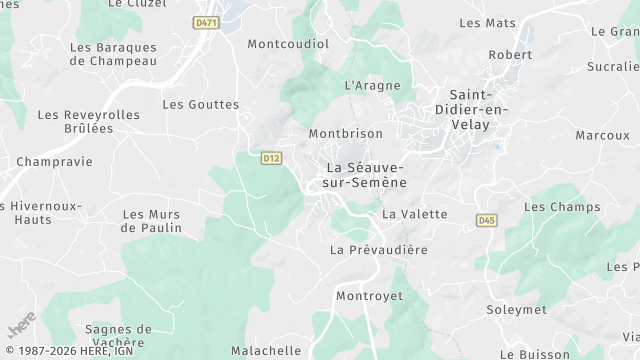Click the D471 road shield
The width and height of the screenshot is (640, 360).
coord(206,22)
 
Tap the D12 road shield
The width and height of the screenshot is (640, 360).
coord(270,157)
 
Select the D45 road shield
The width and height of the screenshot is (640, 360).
coord(487,220)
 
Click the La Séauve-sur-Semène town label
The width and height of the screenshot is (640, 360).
coord(365,175)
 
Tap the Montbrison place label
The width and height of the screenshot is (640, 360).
coord(346,133)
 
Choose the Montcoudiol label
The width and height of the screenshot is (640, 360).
coord(288,44)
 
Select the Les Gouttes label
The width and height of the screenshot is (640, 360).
coord(201,104)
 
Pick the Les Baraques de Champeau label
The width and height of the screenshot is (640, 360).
coord(113,54)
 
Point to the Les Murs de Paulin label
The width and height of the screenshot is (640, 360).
coord(152,220)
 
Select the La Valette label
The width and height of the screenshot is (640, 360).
coord(414,214)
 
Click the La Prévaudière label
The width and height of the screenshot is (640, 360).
coord(379,249)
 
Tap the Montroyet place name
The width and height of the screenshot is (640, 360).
coord(368,296)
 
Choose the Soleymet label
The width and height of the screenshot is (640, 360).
coord(516,309)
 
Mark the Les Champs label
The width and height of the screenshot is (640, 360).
coord(562,207)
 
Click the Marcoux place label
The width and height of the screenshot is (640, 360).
coord(602,135)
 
